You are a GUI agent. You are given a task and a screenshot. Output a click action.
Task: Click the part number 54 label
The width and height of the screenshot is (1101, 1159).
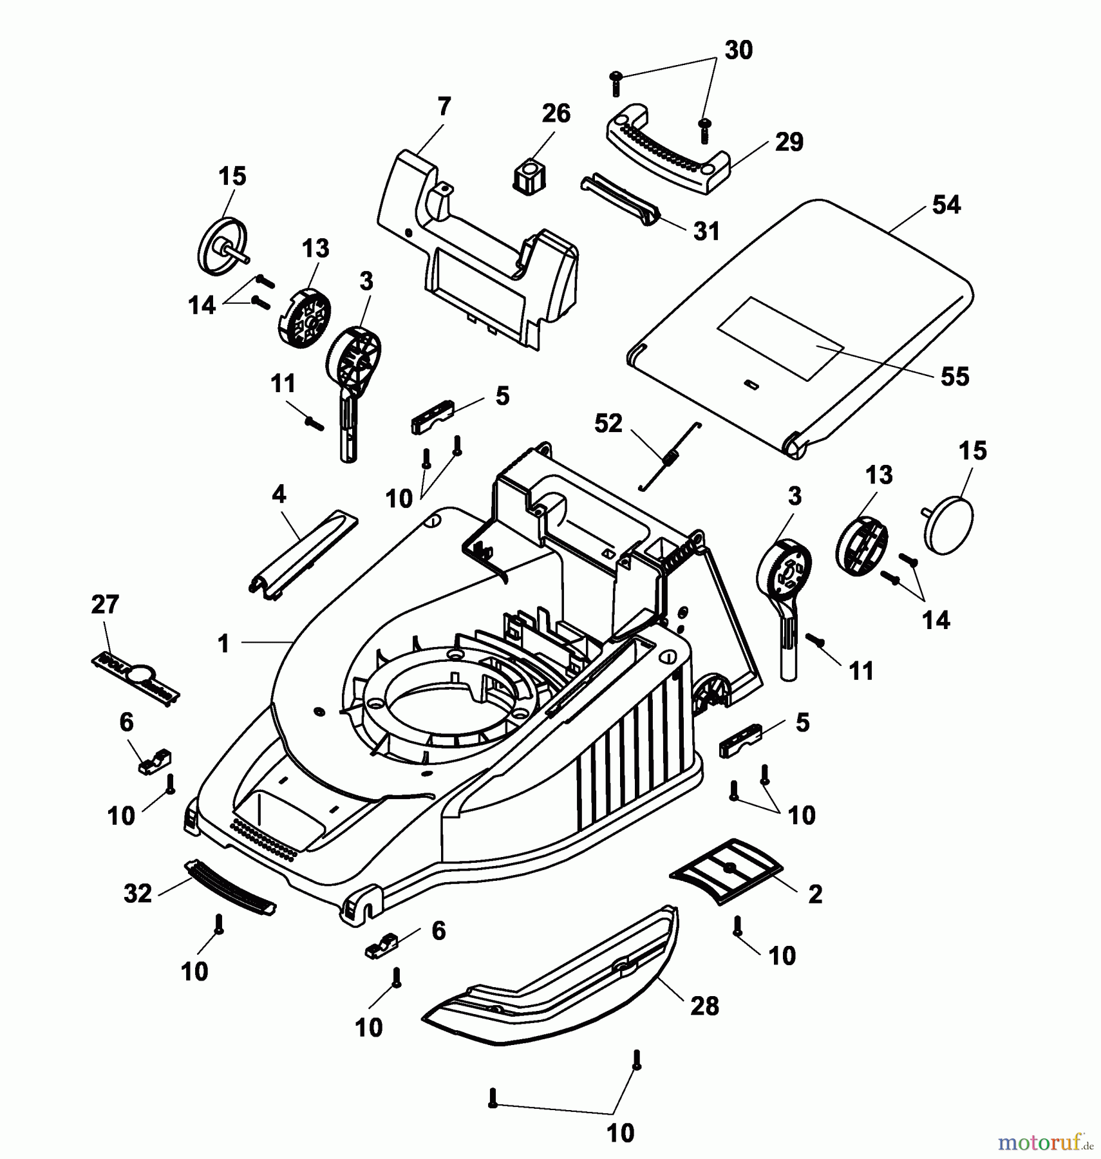pos(946,205)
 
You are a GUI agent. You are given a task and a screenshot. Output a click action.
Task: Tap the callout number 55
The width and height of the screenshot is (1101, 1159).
pos(954,377)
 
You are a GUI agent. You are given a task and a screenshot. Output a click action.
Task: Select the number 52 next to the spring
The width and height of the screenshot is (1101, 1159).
pos(608,423)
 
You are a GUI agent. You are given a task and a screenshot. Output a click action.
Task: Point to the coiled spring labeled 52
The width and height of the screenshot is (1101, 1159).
pos(670,458)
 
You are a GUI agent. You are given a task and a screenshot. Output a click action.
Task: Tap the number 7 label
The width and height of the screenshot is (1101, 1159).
pos(444,106)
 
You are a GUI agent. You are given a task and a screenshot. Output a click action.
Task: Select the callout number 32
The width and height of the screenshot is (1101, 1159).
pos(138,893)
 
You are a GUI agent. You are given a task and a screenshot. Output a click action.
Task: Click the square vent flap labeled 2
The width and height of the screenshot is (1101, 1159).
pos(726,871)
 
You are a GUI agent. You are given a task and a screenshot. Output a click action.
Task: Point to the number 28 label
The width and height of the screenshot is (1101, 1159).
pos(704,1006)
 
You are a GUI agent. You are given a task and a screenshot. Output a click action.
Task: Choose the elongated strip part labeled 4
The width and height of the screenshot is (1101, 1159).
pos(303,554)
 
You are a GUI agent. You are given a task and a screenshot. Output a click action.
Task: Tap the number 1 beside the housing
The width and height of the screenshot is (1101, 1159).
pos(223,643)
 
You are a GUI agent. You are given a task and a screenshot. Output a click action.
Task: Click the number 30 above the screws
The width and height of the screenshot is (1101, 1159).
pos(738,50)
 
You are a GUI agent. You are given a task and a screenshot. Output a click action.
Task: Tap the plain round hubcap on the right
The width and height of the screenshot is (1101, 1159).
pos(950,524)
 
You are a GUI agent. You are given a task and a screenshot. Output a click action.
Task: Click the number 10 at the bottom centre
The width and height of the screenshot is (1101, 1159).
pos(620,1133)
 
